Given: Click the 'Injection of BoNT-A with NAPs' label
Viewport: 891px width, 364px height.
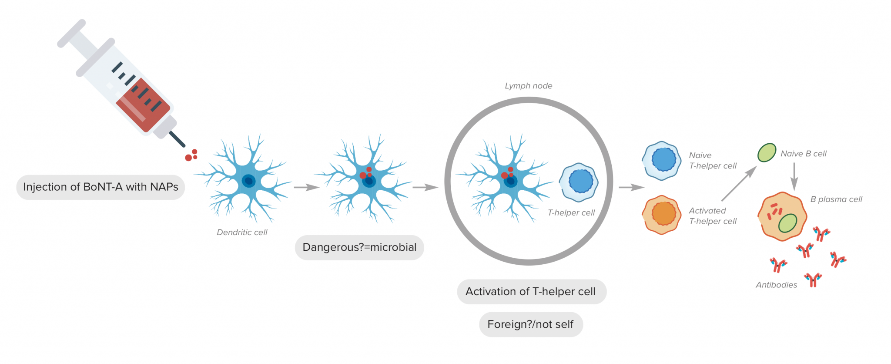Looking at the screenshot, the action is click(100, 187).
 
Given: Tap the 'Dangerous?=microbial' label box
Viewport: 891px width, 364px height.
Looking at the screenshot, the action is click(359, 247).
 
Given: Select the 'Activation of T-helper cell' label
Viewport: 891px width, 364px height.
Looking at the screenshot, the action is click(531, 292).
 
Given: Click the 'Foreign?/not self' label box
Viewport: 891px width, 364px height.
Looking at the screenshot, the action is click(531, 324).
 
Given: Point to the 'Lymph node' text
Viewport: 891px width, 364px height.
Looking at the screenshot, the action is click(529, 86).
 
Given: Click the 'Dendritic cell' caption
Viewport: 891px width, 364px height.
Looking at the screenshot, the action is click(242, 233).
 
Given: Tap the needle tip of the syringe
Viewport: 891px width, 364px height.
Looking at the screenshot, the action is click(184, 145).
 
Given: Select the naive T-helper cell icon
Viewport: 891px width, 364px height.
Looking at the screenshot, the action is click(662, 161).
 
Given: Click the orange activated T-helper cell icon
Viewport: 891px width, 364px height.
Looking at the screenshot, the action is click(661, 215).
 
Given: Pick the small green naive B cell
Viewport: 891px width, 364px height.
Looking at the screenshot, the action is click(767, 153).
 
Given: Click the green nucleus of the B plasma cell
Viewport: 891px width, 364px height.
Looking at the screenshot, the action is click(787, 223).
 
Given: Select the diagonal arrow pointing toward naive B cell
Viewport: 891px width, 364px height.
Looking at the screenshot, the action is click(739, 184).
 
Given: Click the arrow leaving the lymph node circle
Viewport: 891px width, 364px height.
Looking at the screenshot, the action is click(631, 188).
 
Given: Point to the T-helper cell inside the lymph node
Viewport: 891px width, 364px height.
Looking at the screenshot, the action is click(579, 182).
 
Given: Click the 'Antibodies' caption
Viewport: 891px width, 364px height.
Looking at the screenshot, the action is click(776, 285).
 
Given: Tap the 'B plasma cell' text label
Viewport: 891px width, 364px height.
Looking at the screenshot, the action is click(836, 199).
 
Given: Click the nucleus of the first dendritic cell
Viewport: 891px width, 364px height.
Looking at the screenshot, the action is click(248, 181).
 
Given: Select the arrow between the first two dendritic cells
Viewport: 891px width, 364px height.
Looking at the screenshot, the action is click(307, 188).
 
